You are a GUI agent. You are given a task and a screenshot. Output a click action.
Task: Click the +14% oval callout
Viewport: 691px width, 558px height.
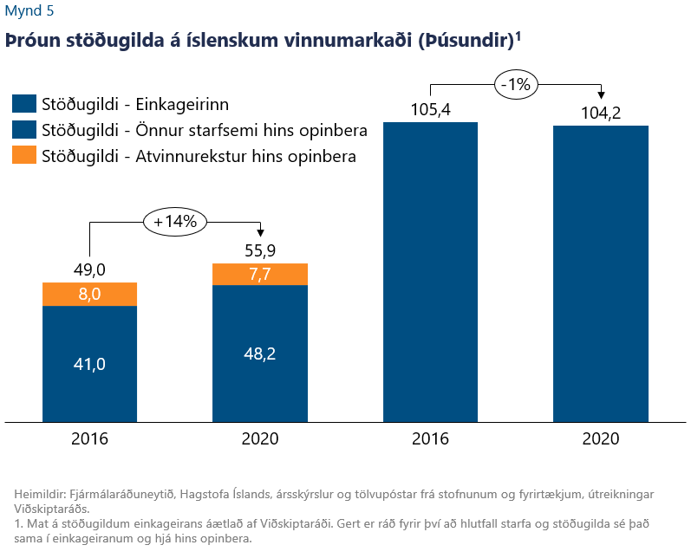point(175,221)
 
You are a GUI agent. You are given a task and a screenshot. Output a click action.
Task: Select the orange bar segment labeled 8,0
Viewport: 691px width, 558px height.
point(90,294)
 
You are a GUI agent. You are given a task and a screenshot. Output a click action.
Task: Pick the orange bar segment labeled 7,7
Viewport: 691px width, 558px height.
point(260,274)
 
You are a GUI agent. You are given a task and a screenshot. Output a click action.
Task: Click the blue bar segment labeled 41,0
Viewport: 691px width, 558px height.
point(90,364)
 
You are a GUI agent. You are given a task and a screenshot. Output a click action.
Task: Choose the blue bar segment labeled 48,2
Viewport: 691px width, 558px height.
point(260,354)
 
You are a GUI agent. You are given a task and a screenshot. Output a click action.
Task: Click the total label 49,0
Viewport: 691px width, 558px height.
point(90,270)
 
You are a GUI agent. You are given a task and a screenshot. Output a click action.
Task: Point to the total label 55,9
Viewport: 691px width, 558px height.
point(260,250)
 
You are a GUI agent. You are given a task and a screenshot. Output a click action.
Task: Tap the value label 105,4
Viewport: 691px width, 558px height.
point(431,110)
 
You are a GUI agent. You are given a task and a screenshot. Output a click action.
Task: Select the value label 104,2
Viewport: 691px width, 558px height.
point(601,113)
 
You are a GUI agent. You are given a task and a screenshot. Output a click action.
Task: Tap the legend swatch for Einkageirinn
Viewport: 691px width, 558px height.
point(24,104)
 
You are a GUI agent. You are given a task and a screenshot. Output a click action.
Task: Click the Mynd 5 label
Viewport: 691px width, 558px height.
point(28,11)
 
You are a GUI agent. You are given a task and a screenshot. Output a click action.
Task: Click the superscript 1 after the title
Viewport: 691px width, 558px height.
point(518,36)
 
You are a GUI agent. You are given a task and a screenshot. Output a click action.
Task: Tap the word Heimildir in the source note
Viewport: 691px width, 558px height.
point(41,494)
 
